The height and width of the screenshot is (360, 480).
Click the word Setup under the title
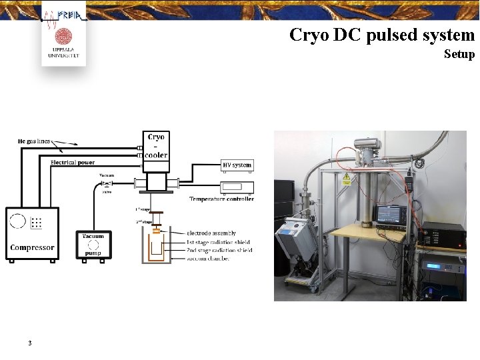click(x=459, y=54)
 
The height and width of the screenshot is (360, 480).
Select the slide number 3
click(x=30, y=343)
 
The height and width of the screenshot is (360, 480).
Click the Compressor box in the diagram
click(x=32, y=234)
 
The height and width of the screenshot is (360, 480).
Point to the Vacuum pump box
click(x=93, y=245)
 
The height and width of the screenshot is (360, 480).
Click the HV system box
click(x=237, y=165)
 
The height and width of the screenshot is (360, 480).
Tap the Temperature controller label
click(x=221, y=199)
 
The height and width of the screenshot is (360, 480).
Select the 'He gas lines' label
click(x=34, y=141)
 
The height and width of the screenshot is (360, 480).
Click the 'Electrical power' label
click(x=73, y=162)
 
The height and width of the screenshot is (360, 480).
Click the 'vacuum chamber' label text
click(x=208, y=259)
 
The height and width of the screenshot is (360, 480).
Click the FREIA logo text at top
click(x=69, y=15)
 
